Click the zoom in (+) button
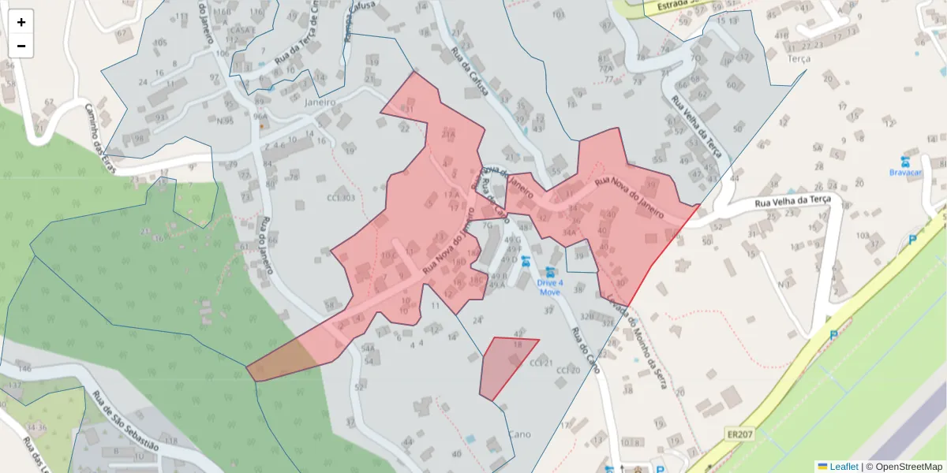pyautogui.click(x=21, y=22)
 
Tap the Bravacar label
pyautogui.click(x=906, y=172)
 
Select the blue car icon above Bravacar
pyautogui.click(x=906, y=160)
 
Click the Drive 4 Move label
pyautogui.click(x=550, y=287)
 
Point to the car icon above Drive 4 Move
pyautogui.click(x=550, y=271)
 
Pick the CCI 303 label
pyautogui.click(x=340, y=199)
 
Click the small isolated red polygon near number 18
pyautogui.click(x=505, y=367)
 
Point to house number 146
pyautogui.click(x=24, y=369)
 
